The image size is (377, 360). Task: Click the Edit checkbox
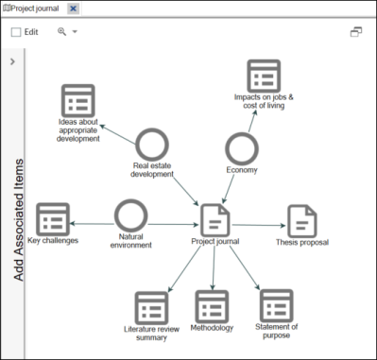[x=16, y=32]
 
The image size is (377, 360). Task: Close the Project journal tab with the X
[x=74, y=9]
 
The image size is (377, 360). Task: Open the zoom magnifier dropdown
[x=66, y=32]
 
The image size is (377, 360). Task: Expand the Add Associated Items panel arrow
[x=12, y=62]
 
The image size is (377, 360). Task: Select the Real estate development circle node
[x=151, y=145]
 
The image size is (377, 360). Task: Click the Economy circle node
[x=242, y=149]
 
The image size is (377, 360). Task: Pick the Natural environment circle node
[x=129, y=214]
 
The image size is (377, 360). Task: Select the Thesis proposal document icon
[x=301, y=221]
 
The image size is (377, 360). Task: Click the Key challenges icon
[x=53, y=219]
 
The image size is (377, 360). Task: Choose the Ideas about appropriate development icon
[x=77, y=101]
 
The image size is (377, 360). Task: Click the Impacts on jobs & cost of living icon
[x=264, y=76]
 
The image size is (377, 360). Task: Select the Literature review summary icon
[x=151, y=307]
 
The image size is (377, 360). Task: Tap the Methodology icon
[x=212, y=306]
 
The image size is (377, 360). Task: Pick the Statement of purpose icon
[x=276, y=305]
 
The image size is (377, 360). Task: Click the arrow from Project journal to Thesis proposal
[x=258, y=225]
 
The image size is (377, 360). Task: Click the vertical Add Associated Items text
[x=18, y=208]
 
